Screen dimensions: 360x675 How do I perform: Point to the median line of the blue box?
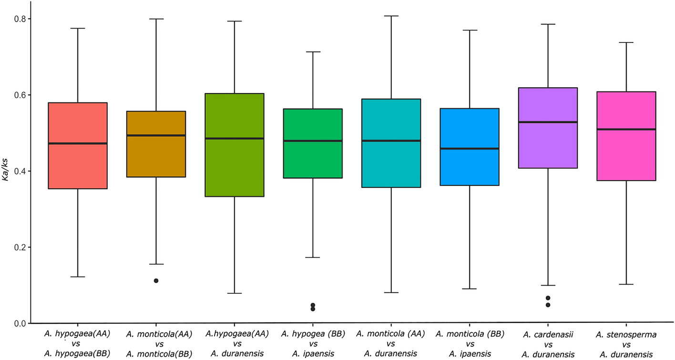470,149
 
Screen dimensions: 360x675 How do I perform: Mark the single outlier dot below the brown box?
156,281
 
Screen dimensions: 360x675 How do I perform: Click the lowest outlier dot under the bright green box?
313,309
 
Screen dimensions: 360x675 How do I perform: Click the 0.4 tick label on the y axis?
18,171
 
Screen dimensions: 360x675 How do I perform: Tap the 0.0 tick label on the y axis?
18,323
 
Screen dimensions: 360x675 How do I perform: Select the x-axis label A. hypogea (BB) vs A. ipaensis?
313,345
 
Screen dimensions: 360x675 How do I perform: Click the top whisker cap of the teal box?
391,16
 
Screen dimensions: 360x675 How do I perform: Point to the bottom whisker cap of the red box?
78,277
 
